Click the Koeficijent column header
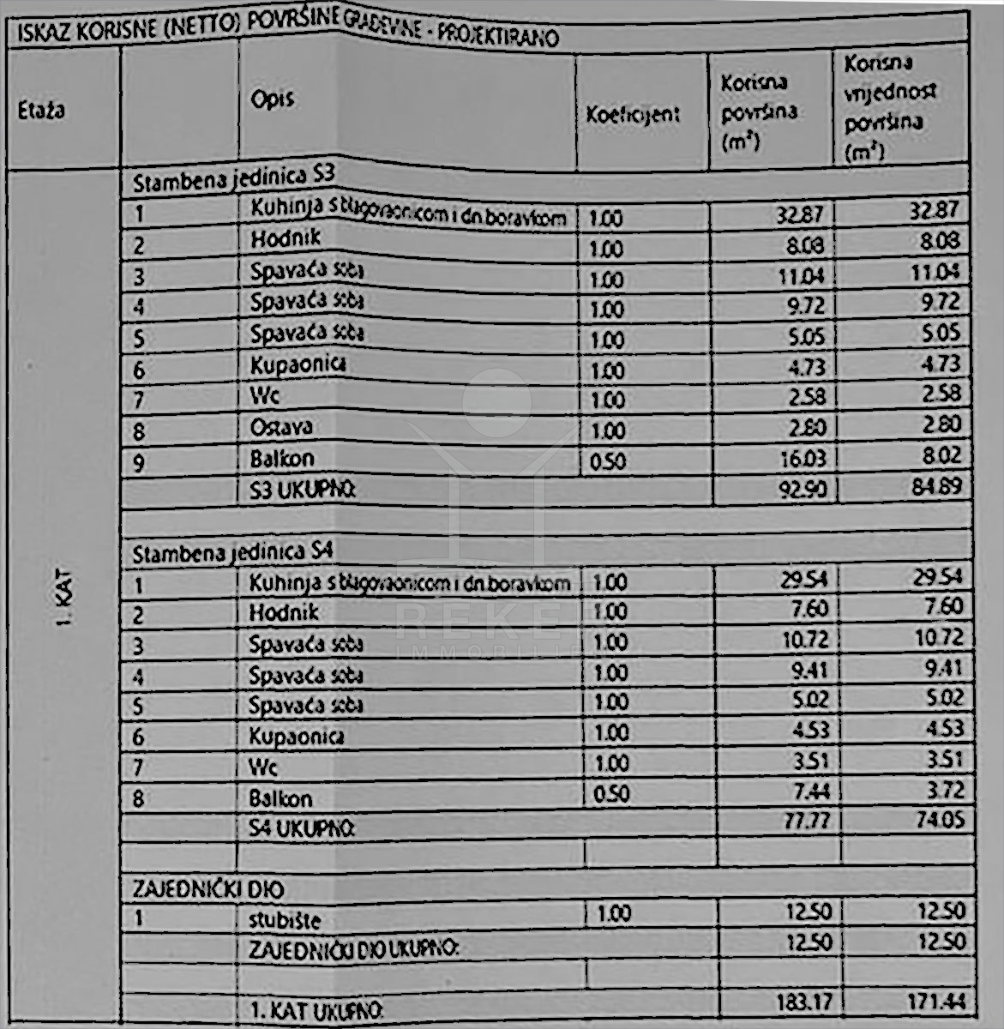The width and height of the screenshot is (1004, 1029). click(x=633, y=114)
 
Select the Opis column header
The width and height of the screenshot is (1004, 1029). click(x=272, y=99)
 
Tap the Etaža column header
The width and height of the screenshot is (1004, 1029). click(x=40, y=111)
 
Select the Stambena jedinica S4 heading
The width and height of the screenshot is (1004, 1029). click(x=231, y=552)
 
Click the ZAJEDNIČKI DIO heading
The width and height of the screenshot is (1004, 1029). click(x=207, y=889)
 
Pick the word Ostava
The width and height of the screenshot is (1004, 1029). click(x=280, y=426)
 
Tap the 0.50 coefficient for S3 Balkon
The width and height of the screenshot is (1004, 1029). click(x=608, y=461)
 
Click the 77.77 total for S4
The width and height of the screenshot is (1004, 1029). click(x=807, y=821)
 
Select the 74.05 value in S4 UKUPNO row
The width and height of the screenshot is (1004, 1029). click(x=938, y=820)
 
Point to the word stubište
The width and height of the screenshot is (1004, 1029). click(x=279, y=921)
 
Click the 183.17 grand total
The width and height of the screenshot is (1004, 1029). click(x=803, y=1002)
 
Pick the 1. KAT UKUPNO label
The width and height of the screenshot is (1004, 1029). click(x=316, y=1010)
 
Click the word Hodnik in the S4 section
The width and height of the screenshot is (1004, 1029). click(x=284, y=612)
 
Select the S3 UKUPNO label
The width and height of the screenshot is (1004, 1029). click(x=302, y=490)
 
